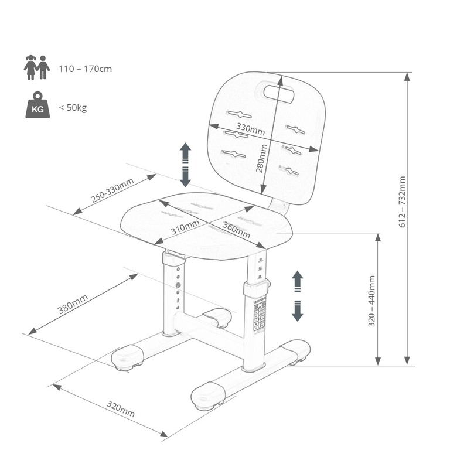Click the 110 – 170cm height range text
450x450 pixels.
click(x=85, y=69)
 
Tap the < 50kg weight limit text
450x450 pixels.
click(x=73, y=108)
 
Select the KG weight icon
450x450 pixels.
click(x=37, y=105)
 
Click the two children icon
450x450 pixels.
click(x=37, y=67)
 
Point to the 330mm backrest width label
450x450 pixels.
click(x=250, y=129)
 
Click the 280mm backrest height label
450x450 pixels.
click(x=261, y=158)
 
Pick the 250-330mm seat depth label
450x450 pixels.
click(x=112, y=190)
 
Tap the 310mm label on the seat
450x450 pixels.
click(x=185, y=227)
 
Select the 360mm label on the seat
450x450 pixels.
click(x=236, y=230)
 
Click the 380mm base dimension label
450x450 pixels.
click(x=73, y=304)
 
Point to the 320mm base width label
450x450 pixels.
click(x=121, y=408)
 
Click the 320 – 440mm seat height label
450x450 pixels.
click(x=371, y=301)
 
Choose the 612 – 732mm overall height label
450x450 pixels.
click(x=403, y=202)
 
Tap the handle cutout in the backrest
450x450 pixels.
click(x=279, y=94)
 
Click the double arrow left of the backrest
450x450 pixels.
click(x=185, y=165)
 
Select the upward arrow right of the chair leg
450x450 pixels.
click(x=298, y=281)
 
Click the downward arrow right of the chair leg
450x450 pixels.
click(x=298, y=311)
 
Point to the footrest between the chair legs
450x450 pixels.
click(x=217, y=318)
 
